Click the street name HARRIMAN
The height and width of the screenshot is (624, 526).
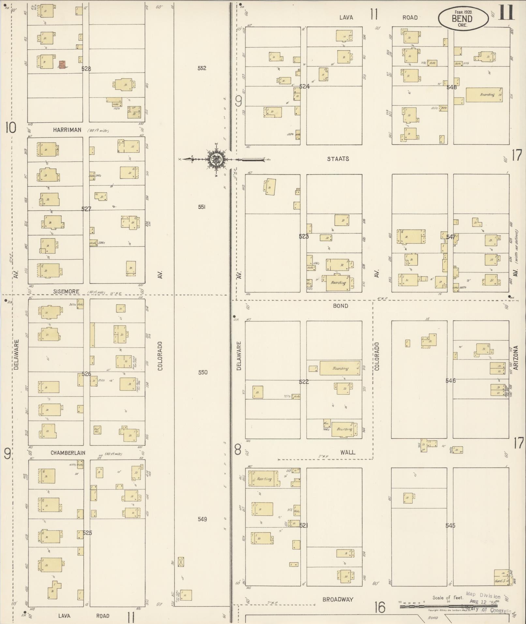(67, 130)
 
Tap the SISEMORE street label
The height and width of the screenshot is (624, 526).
(66, 291)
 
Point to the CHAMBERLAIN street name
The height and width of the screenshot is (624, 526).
(68, 453)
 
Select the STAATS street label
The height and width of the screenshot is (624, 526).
(338, 159)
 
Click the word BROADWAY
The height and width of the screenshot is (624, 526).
(338, 599)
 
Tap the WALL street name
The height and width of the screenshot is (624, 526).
(348, 452)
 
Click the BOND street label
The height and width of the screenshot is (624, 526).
(340, 306)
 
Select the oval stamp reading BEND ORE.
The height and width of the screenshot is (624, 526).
(463, 19)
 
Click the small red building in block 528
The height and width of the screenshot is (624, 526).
(62, 64)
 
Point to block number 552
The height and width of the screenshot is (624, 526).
(202, 68)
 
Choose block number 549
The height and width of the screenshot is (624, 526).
(202, 519)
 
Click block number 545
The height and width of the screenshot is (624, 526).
(450, 525)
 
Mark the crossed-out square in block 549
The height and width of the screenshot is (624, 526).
(181, 562)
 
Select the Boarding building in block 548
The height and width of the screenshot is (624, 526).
(484, 95)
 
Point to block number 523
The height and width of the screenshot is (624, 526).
(304, 236)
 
